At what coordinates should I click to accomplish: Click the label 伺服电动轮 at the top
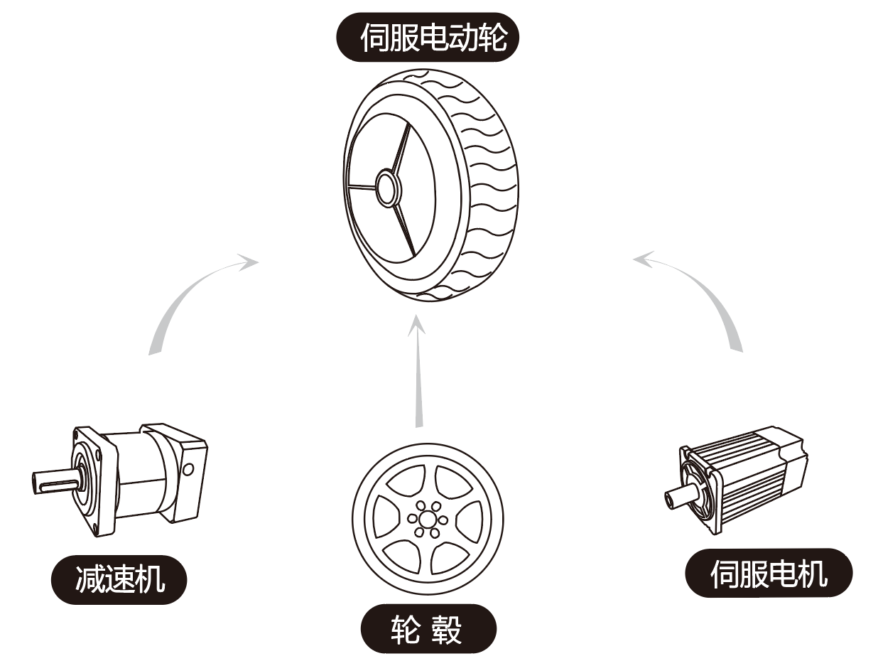(428, 37)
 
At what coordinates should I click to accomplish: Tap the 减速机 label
(119, 579)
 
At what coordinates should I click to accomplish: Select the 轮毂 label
(428, 628)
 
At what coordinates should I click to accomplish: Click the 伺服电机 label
(769, 573)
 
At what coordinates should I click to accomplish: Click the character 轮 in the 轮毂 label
(406, 629)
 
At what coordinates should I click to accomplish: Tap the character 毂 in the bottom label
(449, 629)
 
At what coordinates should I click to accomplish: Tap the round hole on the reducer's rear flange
(188, 469)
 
